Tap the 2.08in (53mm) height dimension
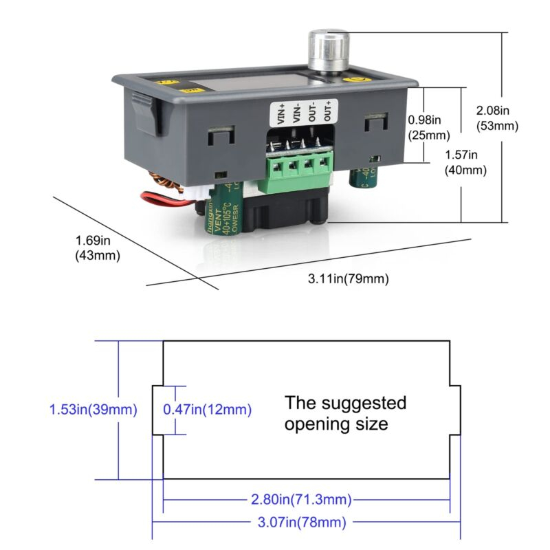[x=497, y=118]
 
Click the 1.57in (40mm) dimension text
[x=465, y=162]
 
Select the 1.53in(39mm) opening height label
[x=93, y=410]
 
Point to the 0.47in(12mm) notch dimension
[x=207, y=410]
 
